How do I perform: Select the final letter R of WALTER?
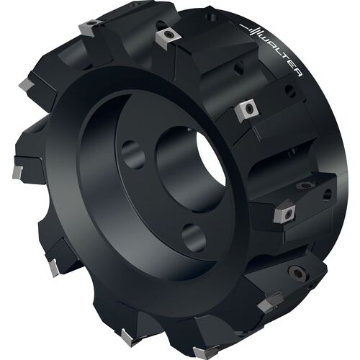[297, 73]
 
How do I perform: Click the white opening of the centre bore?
[211, 158]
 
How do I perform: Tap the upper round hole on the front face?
[132, 155]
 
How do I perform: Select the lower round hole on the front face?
[194, 238]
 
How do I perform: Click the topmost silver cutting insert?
[91, 27]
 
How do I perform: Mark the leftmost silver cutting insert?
[18, 171]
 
